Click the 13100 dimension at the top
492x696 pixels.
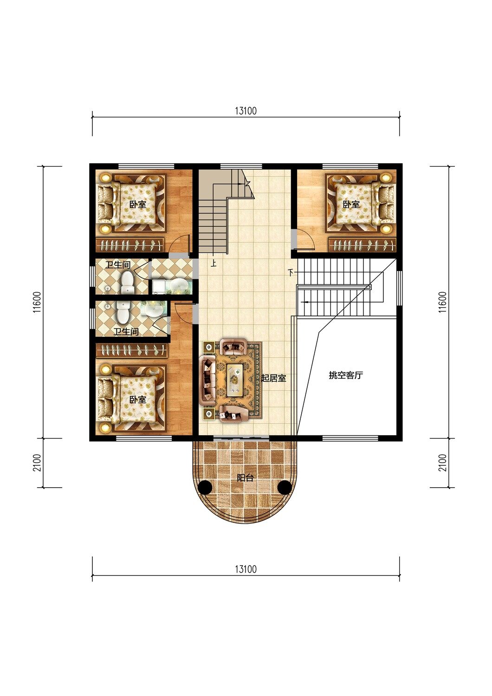(246, 111)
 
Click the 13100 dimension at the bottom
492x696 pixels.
(246, 569)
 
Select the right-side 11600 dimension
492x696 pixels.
(442, 302)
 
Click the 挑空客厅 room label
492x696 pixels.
(346, 375)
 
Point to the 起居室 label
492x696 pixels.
(273, 378)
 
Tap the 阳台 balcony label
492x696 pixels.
(245, 478)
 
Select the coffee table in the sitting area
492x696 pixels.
(235, 380)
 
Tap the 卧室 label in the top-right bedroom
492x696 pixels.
(351, 205)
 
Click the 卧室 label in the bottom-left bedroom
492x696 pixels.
(138, 400)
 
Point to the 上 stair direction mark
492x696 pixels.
(214, 264)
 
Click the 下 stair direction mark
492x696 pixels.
(291, 273)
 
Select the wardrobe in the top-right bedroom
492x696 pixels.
(363, 245)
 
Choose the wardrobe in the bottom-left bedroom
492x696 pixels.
(132, 350)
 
